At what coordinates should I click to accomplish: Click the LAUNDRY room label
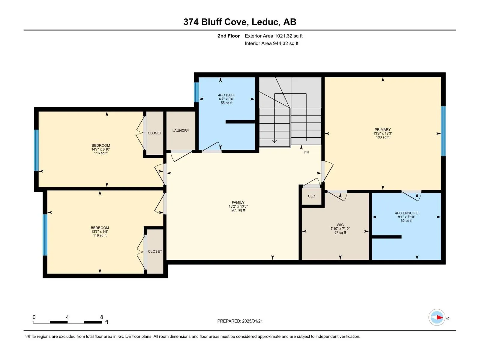180,130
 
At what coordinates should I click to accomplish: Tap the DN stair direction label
306,152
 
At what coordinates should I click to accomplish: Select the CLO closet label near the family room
311,196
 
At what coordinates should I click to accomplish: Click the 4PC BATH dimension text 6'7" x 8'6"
226,99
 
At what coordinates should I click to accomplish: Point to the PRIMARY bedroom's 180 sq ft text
382,137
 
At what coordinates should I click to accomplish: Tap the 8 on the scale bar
101,317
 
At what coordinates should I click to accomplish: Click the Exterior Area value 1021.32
283,36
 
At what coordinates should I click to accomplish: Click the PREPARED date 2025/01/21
252,321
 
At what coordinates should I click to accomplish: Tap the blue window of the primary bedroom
443,131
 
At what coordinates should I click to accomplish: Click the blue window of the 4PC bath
196,92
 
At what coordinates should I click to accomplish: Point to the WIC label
340,225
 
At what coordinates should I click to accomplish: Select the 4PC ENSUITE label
406,213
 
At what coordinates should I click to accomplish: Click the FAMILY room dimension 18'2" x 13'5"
238,206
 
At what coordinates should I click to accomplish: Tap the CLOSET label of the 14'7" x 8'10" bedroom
154,133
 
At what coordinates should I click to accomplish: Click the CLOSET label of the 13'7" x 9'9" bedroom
155,251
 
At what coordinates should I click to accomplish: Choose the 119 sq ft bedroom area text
100,235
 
